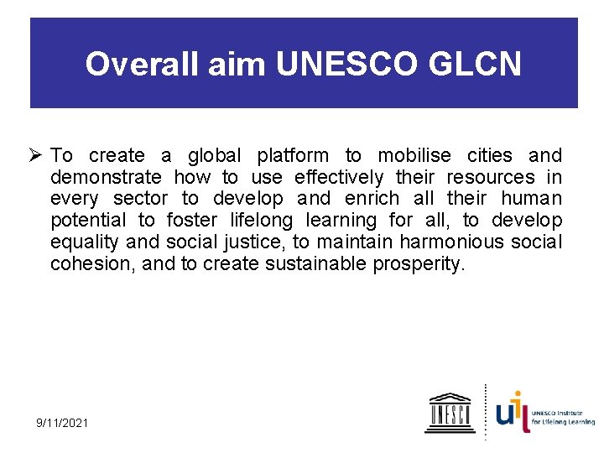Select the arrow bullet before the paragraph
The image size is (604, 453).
pyautogui.click(x=36, y=156)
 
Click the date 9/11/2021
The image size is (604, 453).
pyautogui.click(x=61, y=422)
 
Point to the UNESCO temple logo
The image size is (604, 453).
pyautogui.click(x=449, y=412)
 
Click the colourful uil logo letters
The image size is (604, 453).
pyautogui.click(x=513, y=412)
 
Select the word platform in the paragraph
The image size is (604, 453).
pyautogui.click(x=293, y=156)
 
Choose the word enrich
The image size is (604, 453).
pyautogui.click(x=373, y=200)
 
